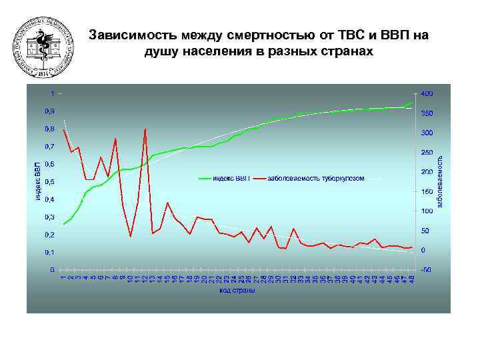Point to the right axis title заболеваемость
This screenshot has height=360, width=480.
tap(441, 180)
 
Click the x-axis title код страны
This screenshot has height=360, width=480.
tap(238, 290)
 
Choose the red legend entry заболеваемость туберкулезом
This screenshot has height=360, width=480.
tap(315, 179)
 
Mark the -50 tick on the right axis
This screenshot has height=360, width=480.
tap(426, 270)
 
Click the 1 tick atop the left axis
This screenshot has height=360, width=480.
tap(53, 93)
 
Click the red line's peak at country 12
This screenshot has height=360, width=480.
tap(145, 129)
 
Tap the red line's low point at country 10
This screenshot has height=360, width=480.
tap(131, 236)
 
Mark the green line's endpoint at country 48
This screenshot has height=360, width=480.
tap(413, 102)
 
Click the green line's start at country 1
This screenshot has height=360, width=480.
tap(63, 224)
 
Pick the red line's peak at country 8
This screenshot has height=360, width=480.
tap(116, 139)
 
